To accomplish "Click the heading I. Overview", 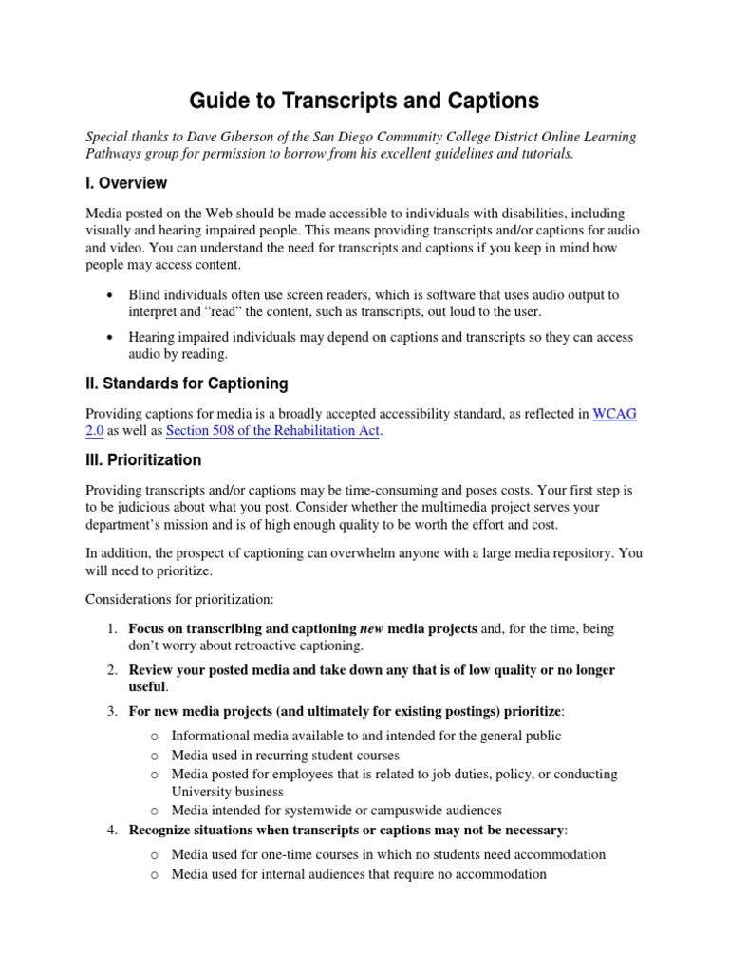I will click(126, 182).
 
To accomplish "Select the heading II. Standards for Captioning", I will click(187, 383).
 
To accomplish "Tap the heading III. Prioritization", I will click(143, 459).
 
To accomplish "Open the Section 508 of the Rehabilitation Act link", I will click(273, 430).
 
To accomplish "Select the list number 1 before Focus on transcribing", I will click(110, 628).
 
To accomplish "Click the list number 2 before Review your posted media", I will click(110, 670).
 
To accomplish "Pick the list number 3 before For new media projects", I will click(110, 711).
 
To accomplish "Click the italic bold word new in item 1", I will click(371, 628).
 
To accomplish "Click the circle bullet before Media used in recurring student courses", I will click(155, 756).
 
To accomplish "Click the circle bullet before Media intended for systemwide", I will click(155, 811).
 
